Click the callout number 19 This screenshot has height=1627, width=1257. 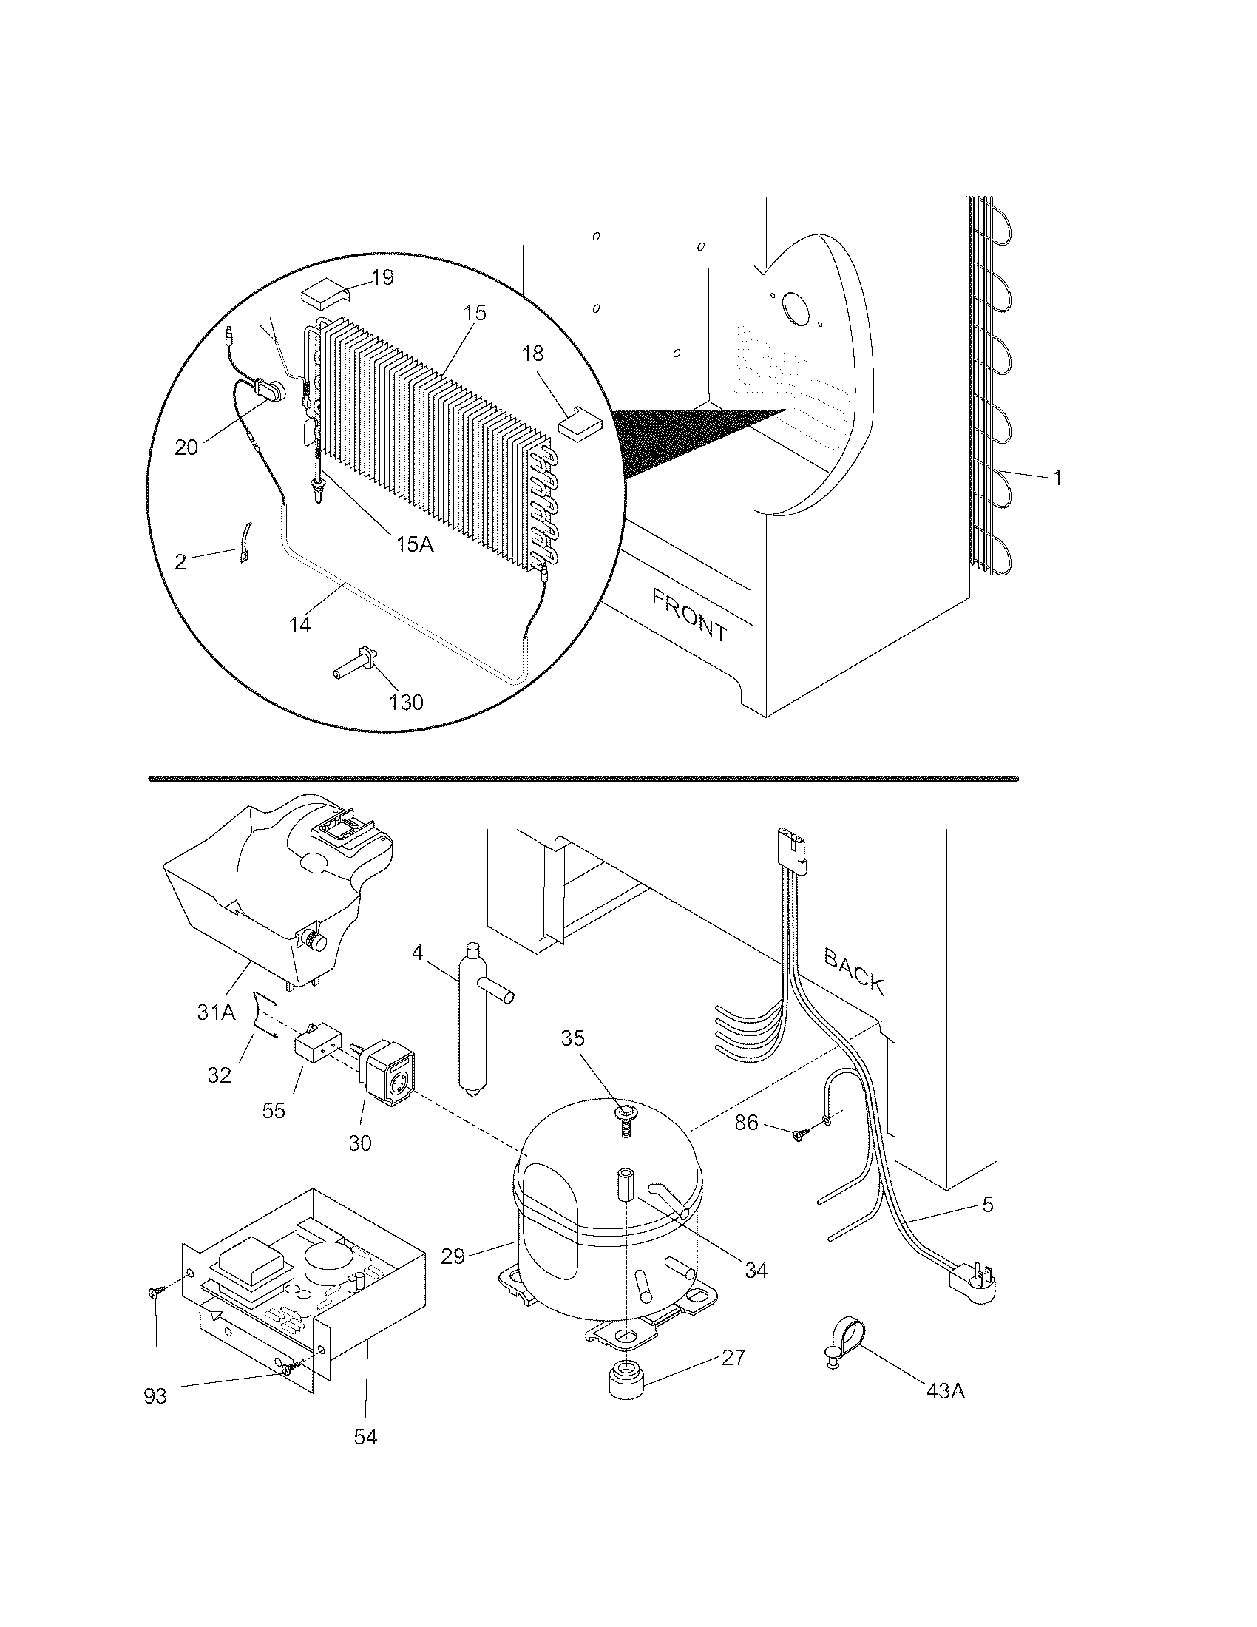(x=383, y=278)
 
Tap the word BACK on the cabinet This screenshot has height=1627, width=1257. (x=854, y=971)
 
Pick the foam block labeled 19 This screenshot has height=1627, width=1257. (x=324, y=297)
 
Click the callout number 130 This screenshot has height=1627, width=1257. (x=407, y=702)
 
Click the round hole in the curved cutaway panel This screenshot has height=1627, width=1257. (x=796, y=308)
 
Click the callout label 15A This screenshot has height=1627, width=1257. (x=415, y=544)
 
